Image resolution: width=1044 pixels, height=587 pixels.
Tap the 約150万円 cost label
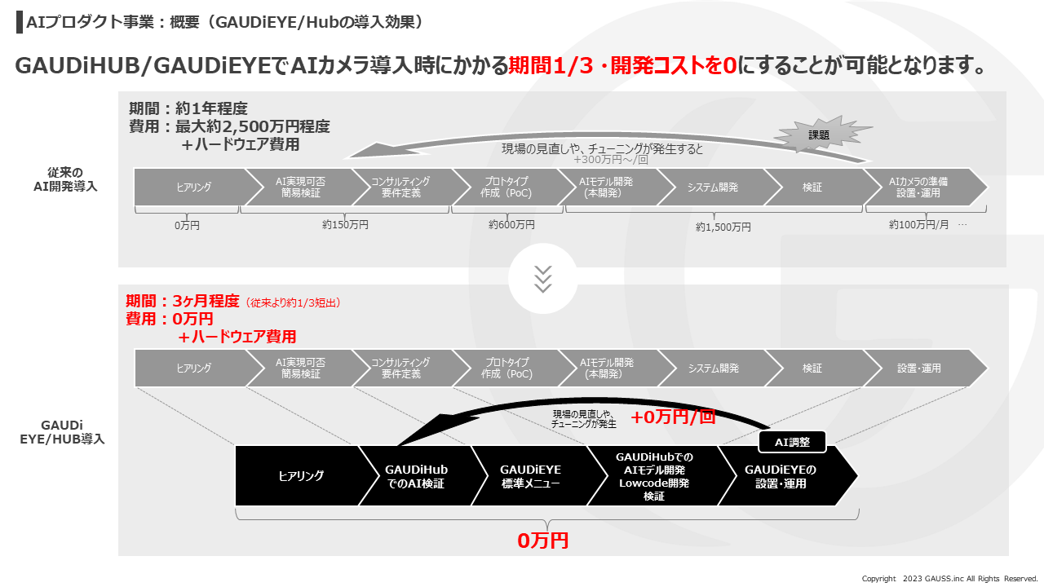[x=345, y=224]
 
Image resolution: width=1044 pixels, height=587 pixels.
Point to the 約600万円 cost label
[x=511, y=224]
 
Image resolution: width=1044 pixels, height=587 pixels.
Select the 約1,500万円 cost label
[x=723, y=227]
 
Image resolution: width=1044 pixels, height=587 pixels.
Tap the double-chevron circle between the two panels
[x=542, y=278]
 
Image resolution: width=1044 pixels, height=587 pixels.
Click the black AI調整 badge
[x=792, y=442]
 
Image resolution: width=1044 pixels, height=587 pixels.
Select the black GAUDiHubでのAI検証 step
[x=416, y=476]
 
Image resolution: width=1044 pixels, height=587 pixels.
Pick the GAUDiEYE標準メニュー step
[x=530, y=476]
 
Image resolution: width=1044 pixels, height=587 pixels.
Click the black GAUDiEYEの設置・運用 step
[x=780, y=476]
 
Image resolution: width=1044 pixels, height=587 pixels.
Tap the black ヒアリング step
[x=301, y=476]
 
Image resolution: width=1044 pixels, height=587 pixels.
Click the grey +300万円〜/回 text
[x=612, y=160]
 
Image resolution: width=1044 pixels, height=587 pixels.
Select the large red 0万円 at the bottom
[x=542, y=540]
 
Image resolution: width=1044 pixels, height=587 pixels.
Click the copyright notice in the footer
[x=949, y=579]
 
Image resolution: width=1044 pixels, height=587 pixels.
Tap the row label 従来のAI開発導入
[x=72, y=179]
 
